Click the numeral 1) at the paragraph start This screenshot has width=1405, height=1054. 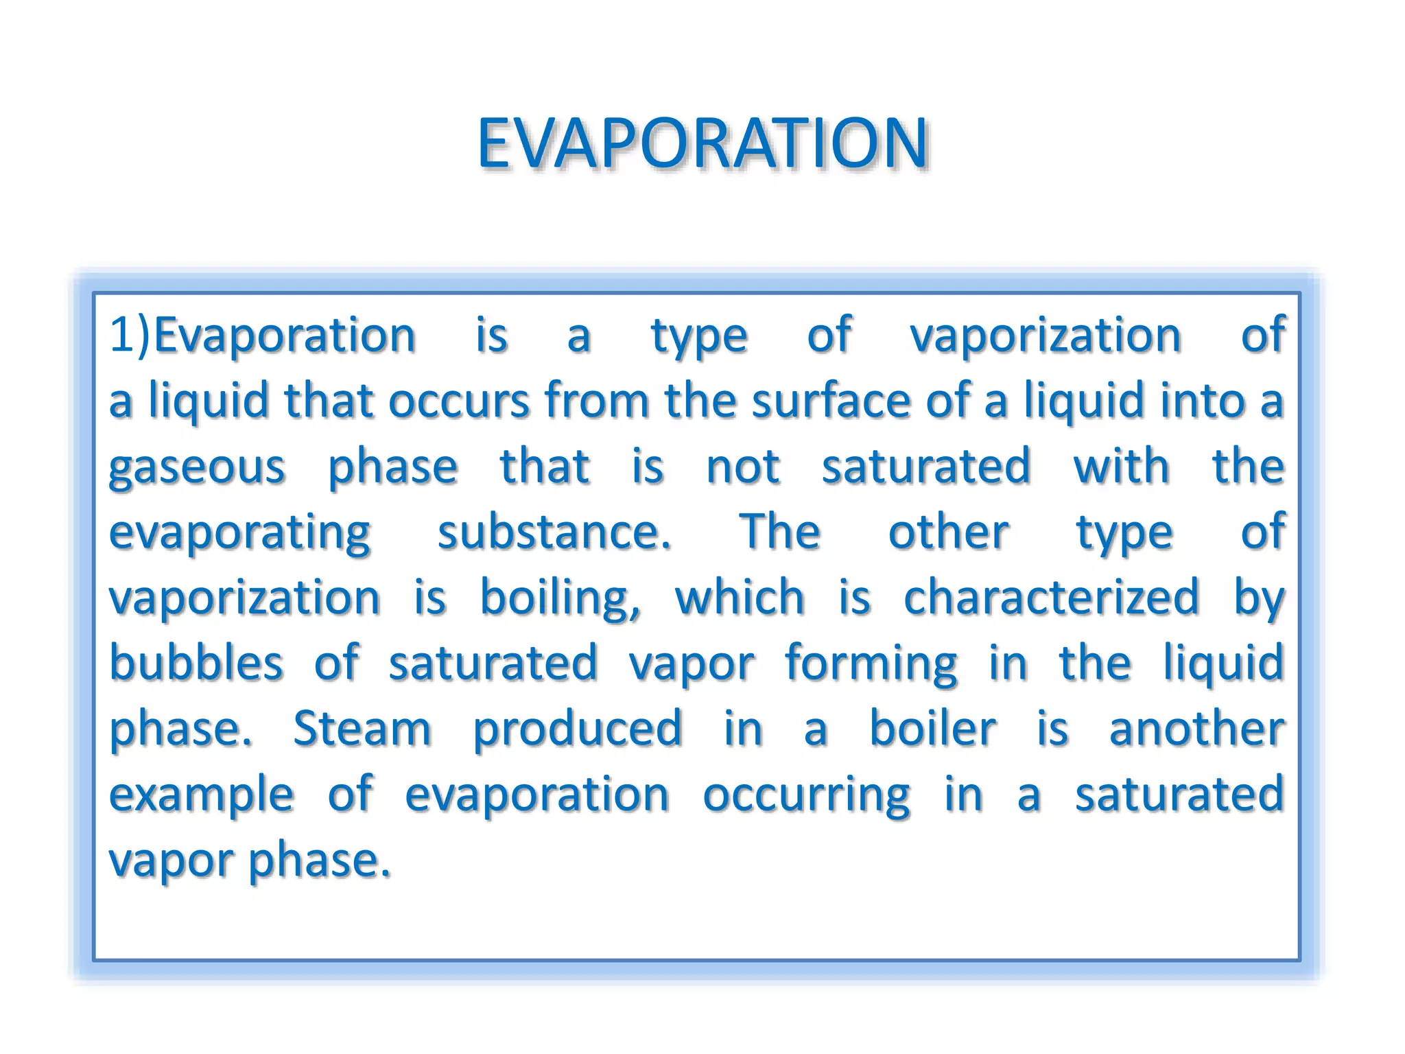point(130,336)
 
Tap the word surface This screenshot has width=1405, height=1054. point(831,401)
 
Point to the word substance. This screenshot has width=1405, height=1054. point(554,532)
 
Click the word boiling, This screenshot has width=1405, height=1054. point(560,598)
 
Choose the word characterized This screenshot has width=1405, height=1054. point(1051,598)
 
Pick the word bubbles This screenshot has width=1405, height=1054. point(196,663)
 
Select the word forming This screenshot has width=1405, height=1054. point(871,664)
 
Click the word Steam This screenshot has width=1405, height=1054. point(362,729)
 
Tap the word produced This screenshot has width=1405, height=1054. point(578,729)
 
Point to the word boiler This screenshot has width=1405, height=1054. point(932,729)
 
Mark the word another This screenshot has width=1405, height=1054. point(1196,729)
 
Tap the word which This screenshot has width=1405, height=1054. point(740,598)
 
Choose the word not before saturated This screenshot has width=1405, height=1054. point(743,467)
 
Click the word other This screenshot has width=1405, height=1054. point(948,532)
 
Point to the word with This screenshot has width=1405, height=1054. point(1121,467)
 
